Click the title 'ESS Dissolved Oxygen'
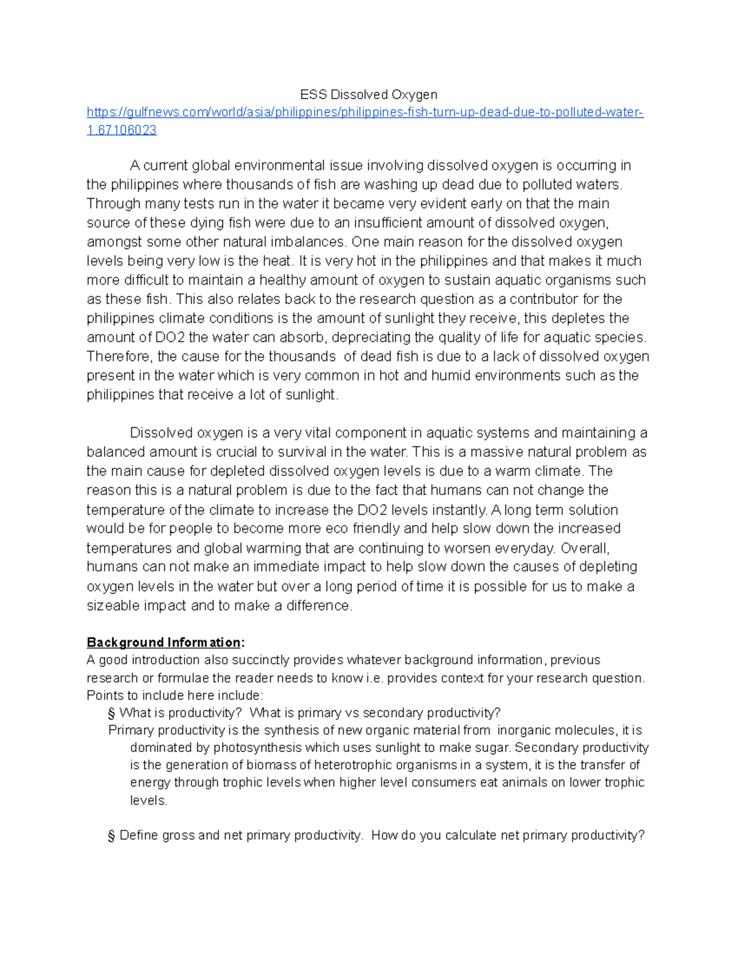[368, 94]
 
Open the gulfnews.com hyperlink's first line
[365, 112]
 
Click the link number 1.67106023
[122, 130]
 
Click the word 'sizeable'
[113, 605]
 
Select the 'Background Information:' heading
[165, 642]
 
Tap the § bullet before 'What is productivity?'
[111, 713]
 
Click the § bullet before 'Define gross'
[111, 835]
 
